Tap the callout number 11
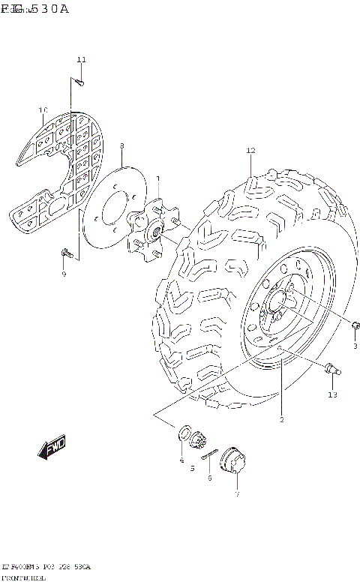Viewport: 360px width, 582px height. pyautogui.click(x=81, y=59)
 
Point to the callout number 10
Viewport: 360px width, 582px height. pyautogui.click(x=43, y=110)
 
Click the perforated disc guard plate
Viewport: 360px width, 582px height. pyautogui.click(x=60, y=165)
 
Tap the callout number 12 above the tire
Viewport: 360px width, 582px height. pyautogui.click(x=250, y=151)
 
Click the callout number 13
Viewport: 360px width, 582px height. pyautogui.click(x=332, y=394)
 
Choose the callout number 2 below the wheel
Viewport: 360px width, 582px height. pyautogui.click(x=281, y=419)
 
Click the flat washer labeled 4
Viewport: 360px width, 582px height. pyautogui.click(x=184, y=434)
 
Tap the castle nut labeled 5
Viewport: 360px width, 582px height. pyautogui.click(x=199, y=442)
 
